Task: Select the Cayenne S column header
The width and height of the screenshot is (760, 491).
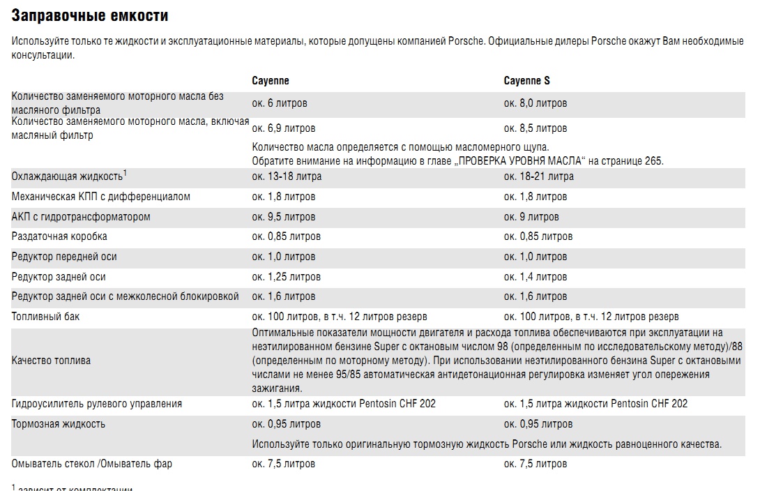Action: coord(526,81)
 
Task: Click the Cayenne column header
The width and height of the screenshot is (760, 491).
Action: coord(271,81)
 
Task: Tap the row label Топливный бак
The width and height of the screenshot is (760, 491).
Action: coord(46,317)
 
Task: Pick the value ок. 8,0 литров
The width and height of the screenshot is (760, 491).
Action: coord(535,103)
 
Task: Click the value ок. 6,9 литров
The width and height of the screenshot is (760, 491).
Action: coord(283,128)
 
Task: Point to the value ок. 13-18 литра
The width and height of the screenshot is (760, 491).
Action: coord(287,176)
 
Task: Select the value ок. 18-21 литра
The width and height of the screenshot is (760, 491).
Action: coord(539,176)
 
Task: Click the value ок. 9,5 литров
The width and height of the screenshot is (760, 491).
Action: coord(283,217)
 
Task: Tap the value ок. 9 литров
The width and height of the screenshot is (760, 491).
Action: coord(531,217)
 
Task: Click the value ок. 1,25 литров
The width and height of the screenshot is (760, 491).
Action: coord(286,277)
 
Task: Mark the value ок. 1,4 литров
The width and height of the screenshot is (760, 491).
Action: coord(535,277)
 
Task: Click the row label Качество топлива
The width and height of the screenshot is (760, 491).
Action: coord(51,361)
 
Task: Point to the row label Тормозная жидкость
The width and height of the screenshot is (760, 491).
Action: coord(59,424)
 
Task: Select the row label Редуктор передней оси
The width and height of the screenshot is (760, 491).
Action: coord(64,257)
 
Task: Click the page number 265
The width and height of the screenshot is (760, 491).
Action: coord(655,161)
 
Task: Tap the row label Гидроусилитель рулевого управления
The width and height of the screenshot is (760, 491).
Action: coord(97,404)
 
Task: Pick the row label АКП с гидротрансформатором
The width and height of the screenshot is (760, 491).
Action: coord(81,217)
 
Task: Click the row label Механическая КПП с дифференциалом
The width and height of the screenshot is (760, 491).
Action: coord(101,197)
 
